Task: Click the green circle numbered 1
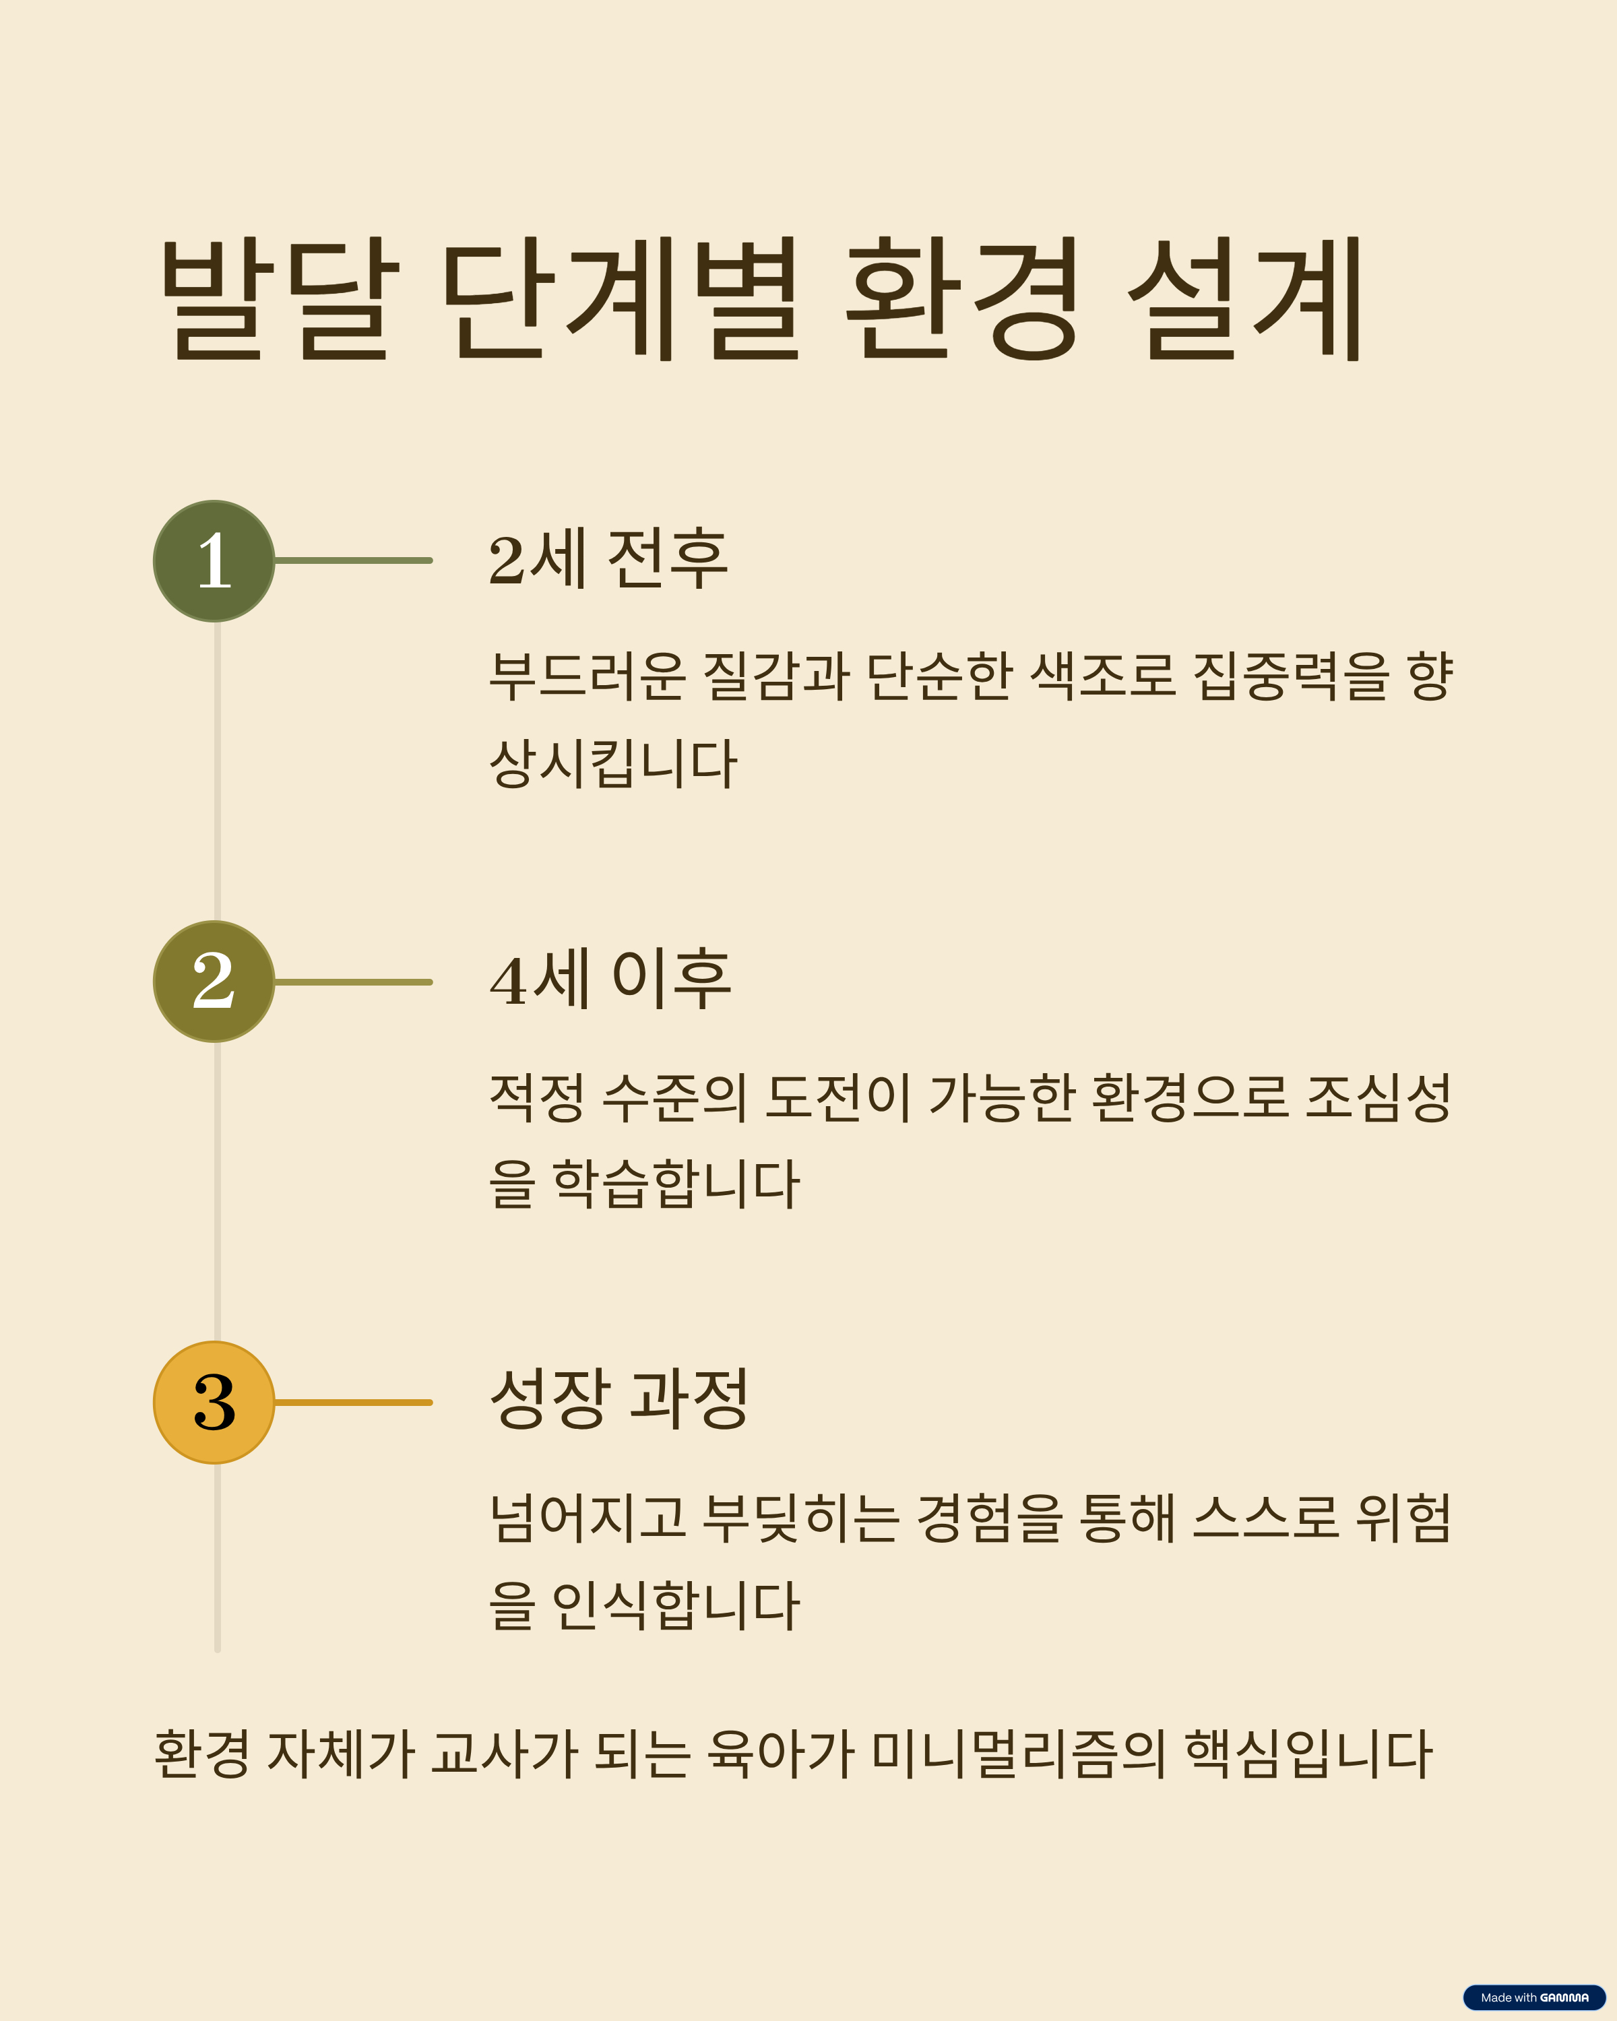(x=214, y=560)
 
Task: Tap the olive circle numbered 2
(x=214, y=982)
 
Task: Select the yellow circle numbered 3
(x=214, y=1403)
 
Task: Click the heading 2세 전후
(x=608, y=560)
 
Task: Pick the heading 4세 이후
(x=609, y=980)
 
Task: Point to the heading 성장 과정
(x=619, y=1399)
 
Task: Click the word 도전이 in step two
(x=837, y=1097)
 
